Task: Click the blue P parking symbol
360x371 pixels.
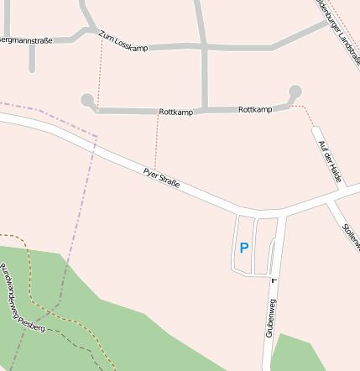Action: point(244,248)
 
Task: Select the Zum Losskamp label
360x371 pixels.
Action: point(123,41)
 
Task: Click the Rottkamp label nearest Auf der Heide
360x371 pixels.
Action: point(255,110)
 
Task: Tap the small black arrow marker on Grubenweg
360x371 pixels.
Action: point(273,280)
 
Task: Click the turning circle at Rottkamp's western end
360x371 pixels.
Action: point(86,100)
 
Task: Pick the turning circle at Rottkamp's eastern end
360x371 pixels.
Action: point(295,91)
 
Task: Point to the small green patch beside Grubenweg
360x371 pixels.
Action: point(299,353)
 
